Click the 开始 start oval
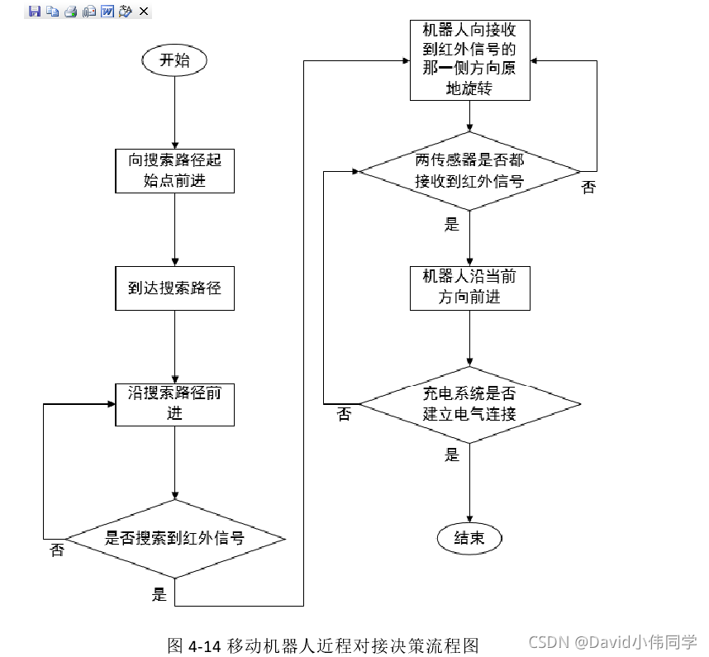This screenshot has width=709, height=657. coord(174,60)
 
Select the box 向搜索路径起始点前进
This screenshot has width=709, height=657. coord(174,170)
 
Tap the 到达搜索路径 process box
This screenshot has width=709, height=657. coord(174,288)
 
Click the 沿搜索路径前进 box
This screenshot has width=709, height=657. coord(174,403)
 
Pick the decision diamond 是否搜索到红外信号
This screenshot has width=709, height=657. coord(174,539)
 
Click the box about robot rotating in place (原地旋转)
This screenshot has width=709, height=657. coord(469,60)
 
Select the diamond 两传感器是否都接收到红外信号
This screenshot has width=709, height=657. coord(469,171)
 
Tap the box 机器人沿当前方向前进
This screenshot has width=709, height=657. coord(469,287)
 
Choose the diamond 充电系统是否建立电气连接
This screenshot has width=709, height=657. coord(469,403)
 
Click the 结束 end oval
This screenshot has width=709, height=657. coord(469,538)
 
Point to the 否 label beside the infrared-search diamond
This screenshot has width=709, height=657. coord(57,550)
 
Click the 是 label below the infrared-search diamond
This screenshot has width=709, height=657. coord(159,594)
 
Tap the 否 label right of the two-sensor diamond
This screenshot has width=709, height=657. coord(588,188)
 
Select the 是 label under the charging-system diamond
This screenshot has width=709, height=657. coord(452,455)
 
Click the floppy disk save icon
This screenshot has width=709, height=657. coord(34,12)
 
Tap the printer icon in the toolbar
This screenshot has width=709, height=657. coord(70,12)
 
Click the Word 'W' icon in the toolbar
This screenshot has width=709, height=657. coord(107,12)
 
